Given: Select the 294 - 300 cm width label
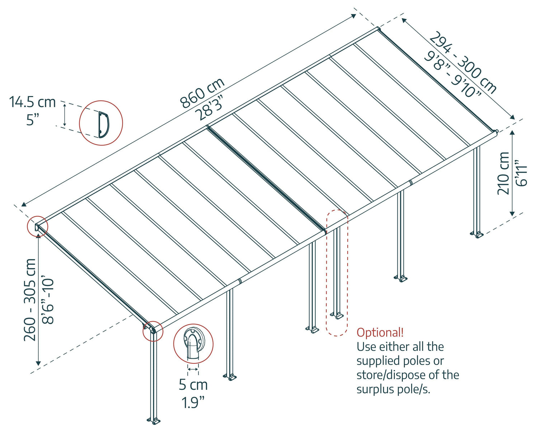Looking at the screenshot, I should pos(463,62).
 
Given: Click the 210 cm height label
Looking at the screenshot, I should pos(504,173).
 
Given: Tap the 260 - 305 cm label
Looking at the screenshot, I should pos(30,300).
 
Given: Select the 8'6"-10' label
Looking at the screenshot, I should pos(48,300).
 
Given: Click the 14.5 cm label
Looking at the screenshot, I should pos(32,102).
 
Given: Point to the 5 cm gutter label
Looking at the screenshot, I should pos(193,385).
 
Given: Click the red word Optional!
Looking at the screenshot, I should pos(380,333).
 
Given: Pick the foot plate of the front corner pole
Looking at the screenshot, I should pos(154,420).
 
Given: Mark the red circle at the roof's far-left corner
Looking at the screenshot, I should pos(37,227).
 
